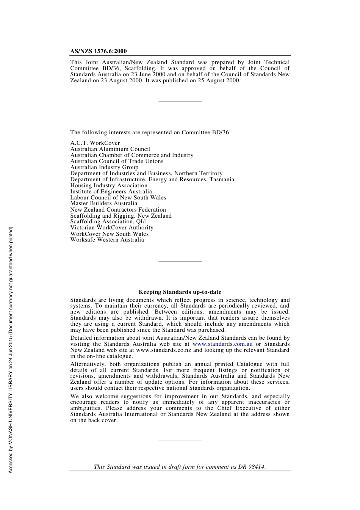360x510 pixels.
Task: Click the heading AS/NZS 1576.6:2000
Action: coord(99,51)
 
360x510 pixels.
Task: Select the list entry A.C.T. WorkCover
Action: coord(95,143)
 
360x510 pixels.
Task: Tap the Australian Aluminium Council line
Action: coord(110,149)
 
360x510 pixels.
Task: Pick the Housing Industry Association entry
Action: coord(109,185)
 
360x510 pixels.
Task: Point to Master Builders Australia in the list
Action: coord(104,203)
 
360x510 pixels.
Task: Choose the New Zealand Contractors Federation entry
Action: coord(118,210)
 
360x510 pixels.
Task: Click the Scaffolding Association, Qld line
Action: coord(108,221)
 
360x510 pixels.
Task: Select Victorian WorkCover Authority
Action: coord(112,228)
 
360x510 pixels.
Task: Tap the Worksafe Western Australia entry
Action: coord(107,240)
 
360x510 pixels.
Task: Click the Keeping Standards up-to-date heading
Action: coord(180,292)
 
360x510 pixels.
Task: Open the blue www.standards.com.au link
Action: coord(222,344)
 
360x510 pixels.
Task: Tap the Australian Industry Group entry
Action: coord(104,167)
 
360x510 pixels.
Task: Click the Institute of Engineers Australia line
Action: coord(111,191)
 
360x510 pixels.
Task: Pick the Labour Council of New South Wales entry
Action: coord(118,198)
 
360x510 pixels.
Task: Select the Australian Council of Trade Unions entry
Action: coord(117,161)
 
